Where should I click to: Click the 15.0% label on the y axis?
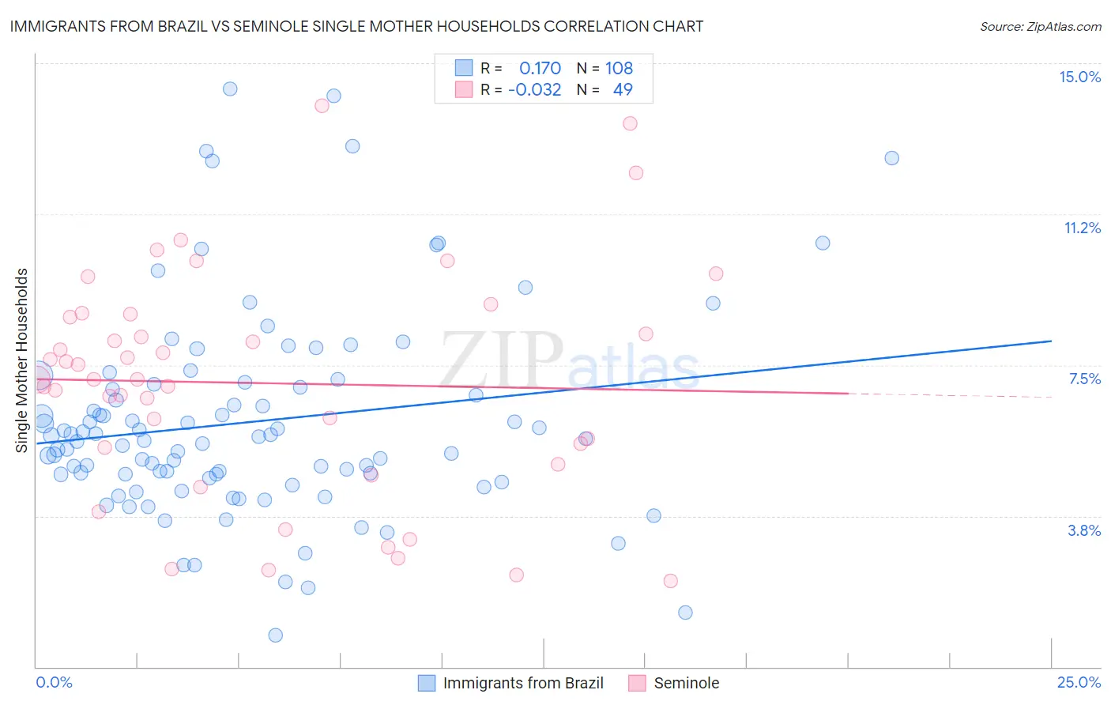coord(1079,77)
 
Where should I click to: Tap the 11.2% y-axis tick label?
coord(1082,228)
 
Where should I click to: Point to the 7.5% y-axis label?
coord(1084,379)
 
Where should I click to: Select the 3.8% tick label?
coord(1084,530)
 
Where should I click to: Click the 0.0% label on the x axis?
coord(54,682)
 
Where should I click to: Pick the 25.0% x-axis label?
coord(1079,682)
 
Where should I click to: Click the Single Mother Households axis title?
coord(22,360)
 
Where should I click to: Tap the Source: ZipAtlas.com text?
coord(1040,26)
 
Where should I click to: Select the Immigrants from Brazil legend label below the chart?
coord(523,683)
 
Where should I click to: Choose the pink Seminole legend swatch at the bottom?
coord(637,683)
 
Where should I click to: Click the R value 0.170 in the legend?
coord(540,68)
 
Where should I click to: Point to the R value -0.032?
coord(534,89)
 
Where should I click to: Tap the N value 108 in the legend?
coord(619,68)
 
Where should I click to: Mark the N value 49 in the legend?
coord(623,89)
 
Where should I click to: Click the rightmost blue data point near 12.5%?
coord(891,158)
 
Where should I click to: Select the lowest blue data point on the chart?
coord(275,635)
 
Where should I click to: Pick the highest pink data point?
coord(322,105)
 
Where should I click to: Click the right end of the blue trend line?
coord(1050,341)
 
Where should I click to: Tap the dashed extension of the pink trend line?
coord(948,394)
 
